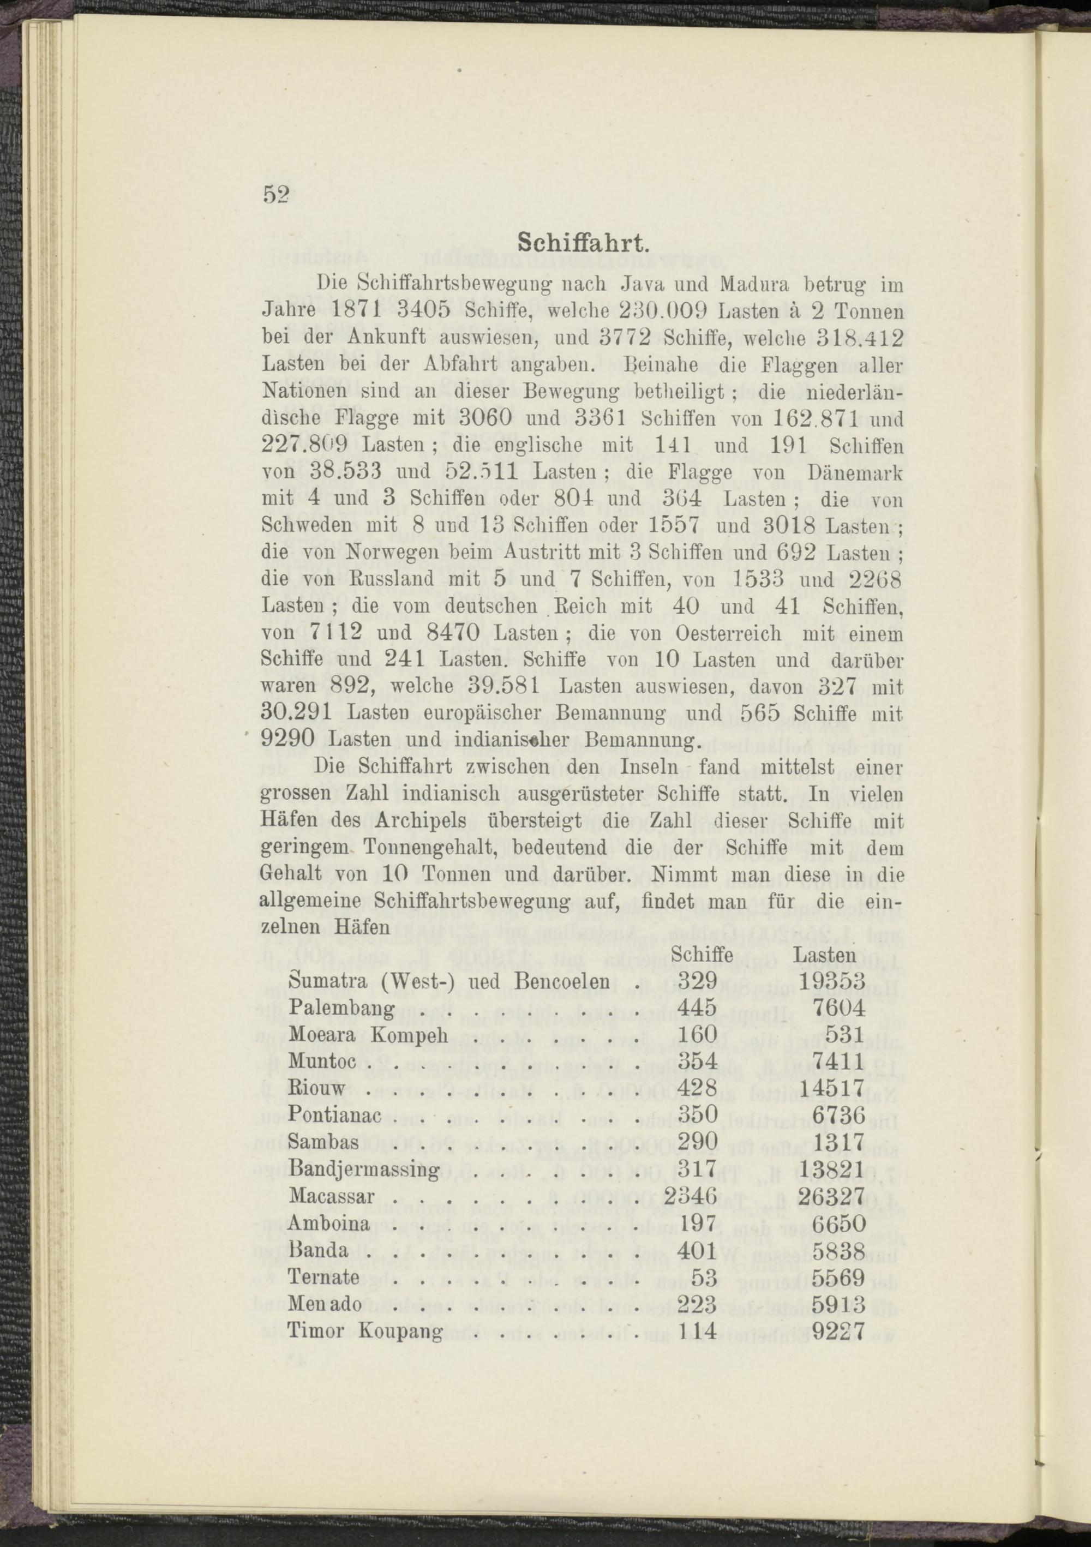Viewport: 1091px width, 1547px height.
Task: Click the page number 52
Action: (275, 195)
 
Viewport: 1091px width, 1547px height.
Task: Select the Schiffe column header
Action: (703, 954)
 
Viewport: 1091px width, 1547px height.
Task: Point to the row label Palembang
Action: (341, 1008)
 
